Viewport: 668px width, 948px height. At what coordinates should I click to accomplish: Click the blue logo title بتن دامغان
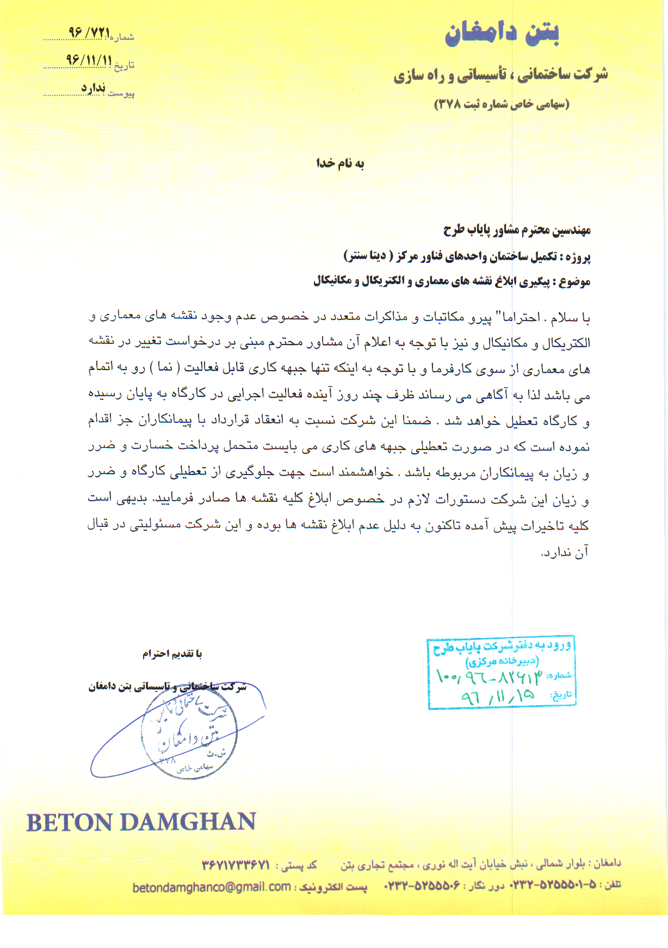502,34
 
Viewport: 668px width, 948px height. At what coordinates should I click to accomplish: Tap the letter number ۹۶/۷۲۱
90,32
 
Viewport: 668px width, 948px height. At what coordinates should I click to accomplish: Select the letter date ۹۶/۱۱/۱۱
89,60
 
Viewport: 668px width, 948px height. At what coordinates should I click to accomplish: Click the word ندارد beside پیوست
93,88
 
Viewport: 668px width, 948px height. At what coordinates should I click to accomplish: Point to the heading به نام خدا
340,163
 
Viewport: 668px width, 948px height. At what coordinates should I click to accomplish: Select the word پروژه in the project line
578,256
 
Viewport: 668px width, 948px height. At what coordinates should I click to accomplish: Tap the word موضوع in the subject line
576,282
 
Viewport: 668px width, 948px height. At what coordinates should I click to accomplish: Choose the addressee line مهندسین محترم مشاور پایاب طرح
517,230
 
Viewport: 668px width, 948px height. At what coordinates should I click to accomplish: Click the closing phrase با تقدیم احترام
172,654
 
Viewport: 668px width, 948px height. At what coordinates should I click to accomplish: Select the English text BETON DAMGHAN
141,822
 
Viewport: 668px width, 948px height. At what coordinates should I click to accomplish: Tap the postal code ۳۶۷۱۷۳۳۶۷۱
236,865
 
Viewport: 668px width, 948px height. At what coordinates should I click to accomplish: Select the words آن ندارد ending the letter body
565,552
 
